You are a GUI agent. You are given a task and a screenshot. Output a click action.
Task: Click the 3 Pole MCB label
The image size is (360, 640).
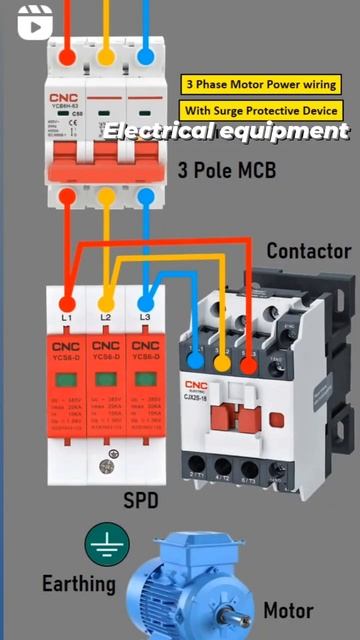pyautogui.click(x=227, y=170)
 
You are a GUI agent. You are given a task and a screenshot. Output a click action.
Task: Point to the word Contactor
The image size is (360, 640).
pyautogui.click(x=309, y=251)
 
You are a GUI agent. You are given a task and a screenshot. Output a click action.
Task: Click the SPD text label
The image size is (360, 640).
pyautogui.click(x=140, y=499)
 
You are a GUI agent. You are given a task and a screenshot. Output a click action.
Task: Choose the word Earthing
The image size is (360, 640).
pyautogui.click(x=78, y=583)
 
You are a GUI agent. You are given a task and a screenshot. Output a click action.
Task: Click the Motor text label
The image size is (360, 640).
pyautogui.click(x=288, y=610)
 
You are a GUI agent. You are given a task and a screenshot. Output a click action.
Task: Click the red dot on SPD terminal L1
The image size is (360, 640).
pyautogui.click(x=67, y=303)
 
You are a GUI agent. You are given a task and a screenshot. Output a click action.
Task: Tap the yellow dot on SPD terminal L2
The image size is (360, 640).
pyautogui.click(x=106, y=303)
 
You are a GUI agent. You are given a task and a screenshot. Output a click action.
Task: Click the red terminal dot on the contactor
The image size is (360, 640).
pyautogui.click(x=248, y=366)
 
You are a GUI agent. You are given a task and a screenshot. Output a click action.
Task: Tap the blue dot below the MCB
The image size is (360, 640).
pyautogui.click(x=145, y=196)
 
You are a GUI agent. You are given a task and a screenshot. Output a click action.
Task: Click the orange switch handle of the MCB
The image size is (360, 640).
pyautogui.click(x=106, y=157)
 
